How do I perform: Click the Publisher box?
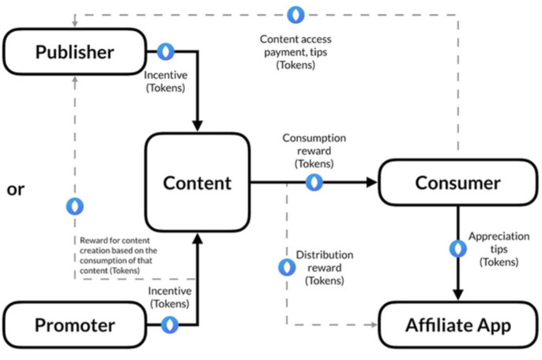point(75,52)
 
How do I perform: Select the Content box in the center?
point(197,182)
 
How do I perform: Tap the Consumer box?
point(457,183)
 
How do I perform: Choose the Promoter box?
point(75,324)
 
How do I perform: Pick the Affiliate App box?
point(457,324)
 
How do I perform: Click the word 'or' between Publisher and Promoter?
point(16,189)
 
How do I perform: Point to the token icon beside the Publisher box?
point(165,52)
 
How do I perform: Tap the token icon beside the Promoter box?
point(169,324)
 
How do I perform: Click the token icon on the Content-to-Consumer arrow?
point(314,182)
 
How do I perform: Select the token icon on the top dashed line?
point(296,14)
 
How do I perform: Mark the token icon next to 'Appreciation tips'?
point(457,249)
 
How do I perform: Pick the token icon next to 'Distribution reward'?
point(287,268)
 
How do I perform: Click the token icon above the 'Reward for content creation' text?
point(75,206)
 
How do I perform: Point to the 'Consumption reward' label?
point(313,151)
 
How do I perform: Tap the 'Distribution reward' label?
point(325,268)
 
